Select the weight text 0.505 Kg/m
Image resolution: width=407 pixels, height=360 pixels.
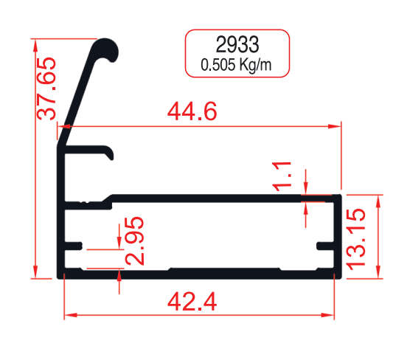pos(237,65)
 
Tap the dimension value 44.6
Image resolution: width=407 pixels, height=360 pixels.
pos(192,112)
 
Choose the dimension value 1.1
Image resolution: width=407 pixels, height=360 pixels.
pos(284,177)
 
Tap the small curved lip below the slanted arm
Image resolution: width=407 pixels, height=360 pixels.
pos(110,153)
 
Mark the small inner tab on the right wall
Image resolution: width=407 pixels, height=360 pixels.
pos(324,244)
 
